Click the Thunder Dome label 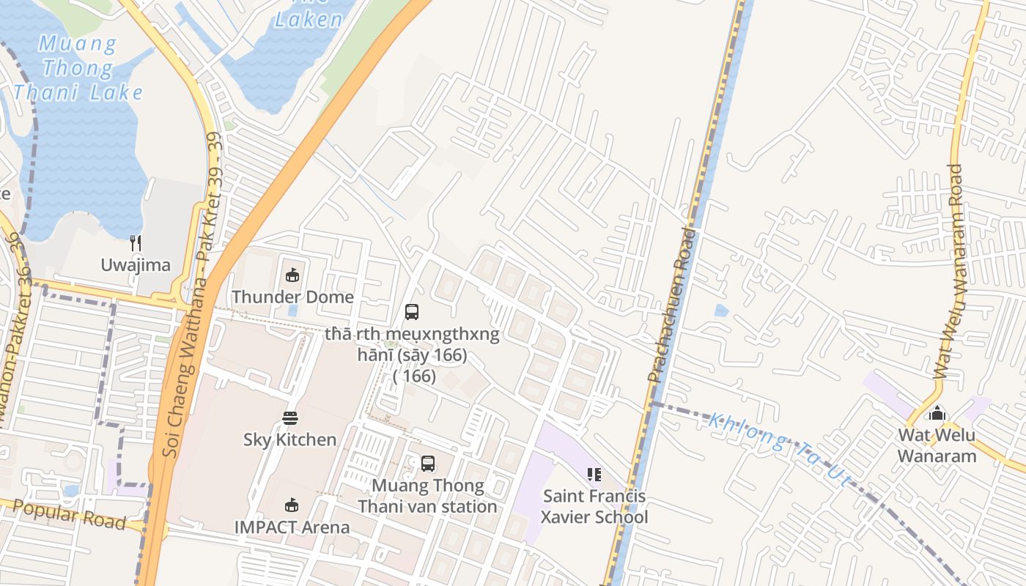click(x=292, y=297)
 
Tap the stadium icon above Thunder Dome click(x=292, y=275)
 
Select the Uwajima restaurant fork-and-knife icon click(x=135, y=243)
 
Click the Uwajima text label click(x=135, y=265)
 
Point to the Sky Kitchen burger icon click(x=290, y=418)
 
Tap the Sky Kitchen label click(x=290, y=439)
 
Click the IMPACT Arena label click(x=292, y=527)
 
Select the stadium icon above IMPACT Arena click(x=292, y=505)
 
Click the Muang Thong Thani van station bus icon click(x=428, y=464)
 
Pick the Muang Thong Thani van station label click(x=428, y=496)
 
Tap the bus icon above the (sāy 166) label click(x=412, y=312)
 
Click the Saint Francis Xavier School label click(x=594, y=506)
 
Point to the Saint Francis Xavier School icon click(x=594, y=475)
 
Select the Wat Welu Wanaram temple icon click(x=937, y=413)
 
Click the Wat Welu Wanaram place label click(x=937, y=445)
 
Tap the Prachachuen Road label click(x=671, y=304)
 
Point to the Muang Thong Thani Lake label click(x=78, y=68)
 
